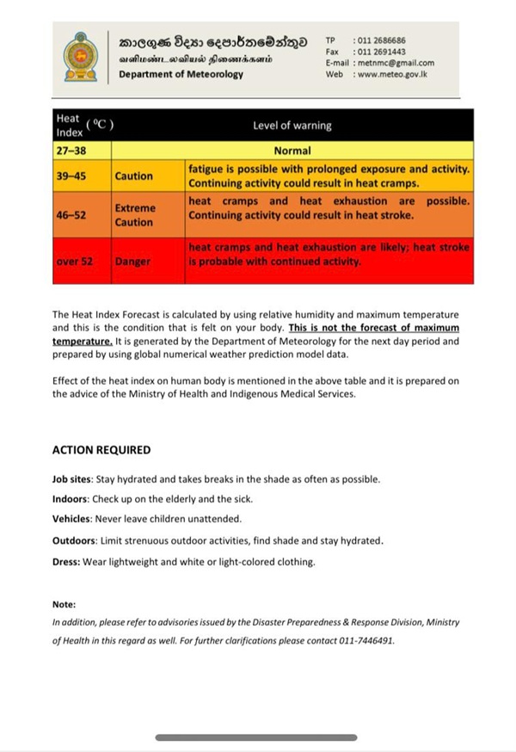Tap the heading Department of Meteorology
coord(181,75)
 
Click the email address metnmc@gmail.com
coord(395,63)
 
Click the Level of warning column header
coord(292,126)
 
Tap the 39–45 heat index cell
coord(71,176)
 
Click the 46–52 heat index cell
coord(71,215)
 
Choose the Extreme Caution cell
coord(135,215)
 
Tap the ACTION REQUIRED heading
coord(101,450)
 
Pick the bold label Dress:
coord(66,562)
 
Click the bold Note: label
coord(64,604)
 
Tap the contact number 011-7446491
coord(365,640)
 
